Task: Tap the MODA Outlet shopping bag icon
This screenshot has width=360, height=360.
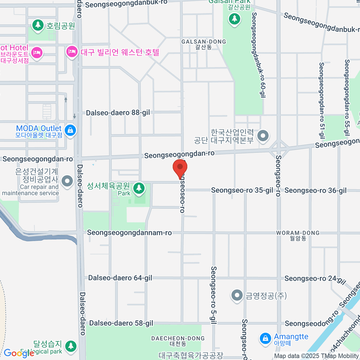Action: (x=70, y=130)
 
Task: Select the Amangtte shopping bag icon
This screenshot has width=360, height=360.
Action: (x=265, y=338)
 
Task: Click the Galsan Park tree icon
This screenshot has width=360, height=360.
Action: (x=234, y=19)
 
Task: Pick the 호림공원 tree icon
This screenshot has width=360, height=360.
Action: (x=38, y=25)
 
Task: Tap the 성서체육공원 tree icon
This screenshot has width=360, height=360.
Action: (x=138, y=188)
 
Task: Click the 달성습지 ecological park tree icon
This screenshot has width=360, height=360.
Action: (x=71, y=346)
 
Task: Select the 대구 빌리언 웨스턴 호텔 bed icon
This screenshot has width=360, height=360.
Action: (x=72, y=52)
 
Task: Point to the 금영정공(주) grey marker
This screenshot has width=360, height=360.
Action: (x=237, y=295)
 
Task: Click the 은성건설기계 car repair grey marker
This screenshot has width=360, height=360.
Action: (x=67, y=181)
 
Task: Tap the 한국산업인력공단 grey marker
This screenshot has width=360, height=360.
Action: (x=263, y=135)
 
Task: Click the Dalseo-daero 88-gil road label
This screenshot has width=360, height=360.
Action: (x=118, y=113)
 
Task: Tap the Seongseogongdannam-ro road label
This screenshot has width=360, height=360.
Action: (x=129, y=233)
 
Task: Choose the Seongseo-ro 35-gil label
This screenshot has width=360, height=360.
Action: (x=242, y=190)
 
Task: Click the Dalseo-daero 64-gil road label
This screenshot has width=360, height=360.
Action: (x=120, y=278)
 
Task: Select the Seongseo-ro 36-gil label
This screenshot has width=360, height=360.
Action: (x=316, y=190)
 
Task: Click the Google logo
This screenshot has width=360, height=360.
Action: (x=19, y=353)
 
